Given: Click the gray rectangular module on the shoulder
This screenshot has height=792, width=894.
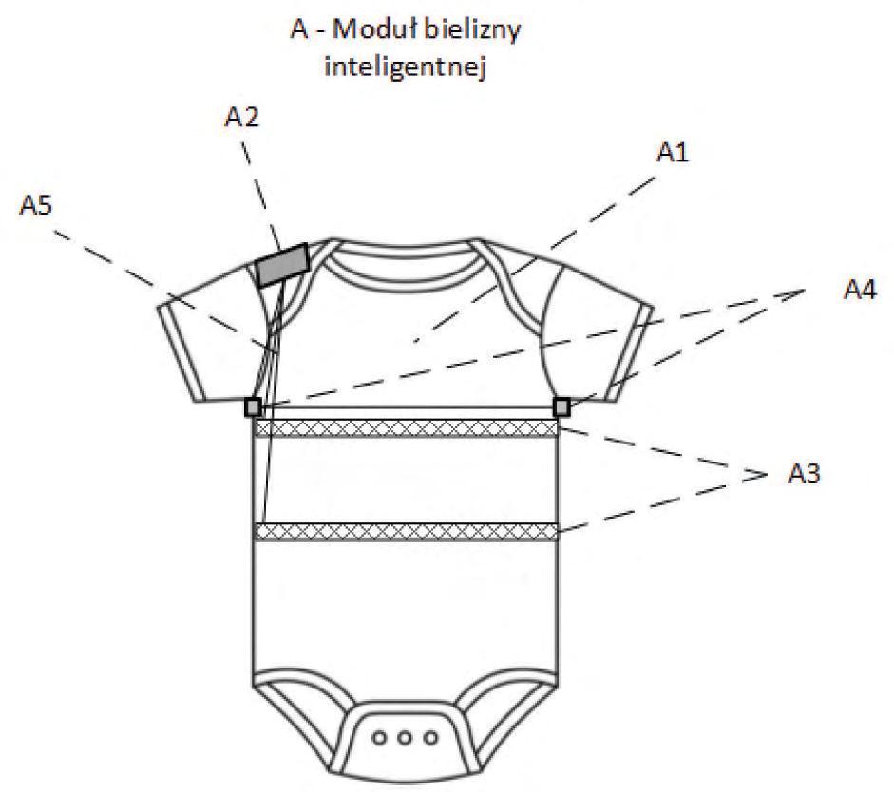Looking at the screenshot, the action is [283, 263].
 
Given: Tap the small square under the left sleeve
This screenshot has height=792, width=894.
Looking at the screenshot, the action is [253, 407].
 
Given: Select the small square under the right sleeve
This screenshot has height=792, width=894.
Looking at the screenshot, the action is [561, 407].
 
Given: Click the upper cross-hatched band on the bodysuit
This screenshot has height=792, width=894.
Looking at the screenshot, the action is [407, 429].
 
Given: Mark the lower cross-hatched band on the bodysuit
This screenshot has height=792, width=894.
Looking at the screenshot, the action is [407, 532].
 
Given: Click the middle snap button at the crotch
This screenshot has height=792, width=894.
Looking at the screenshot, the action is [408, 737].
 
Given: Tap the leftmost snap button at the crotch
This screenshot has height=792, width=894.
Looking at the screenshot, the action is [384, 737].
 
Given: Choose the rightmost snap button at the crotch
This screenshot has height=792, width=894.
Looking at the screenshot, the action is [431, 737].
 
